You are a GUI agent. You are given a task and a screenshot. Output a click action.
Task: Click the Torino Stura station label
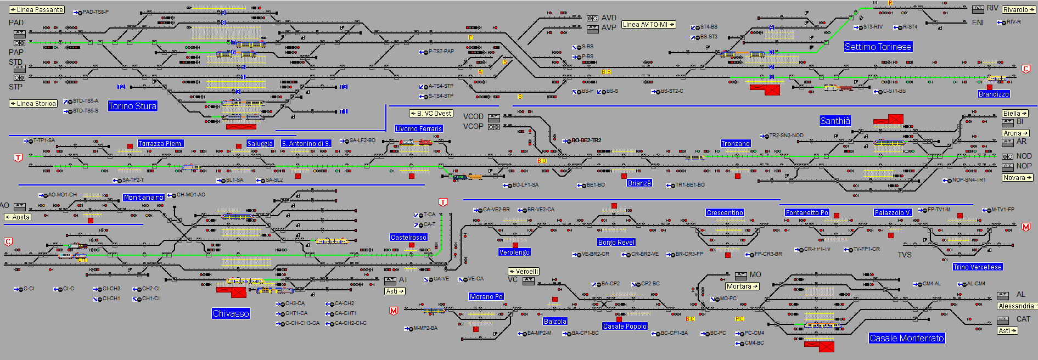click(132, 106)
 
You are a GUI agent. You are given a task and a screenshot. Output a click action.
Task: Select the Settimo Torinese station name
click(878, 47)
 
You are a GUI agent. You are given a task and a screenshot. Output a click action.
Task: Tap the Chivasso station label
click(231, 313)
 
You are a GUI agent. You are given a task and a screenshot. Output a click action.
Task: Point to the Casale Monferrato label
click(906, 338)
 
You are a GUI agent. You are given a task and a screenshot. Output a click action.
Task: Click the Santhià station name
click(835, 121)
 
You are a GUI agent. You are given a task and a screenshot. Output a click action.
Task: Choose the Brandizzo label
click(993, 94)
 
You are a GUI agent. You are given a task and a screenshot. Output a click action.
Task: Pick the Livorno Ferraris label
click(418, 128)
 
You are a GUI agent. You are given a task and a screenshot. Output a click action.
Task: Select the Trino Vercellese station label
click(977, 267)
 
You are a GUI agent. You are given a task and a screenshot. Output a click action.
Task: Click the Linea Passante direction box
click(37, 10)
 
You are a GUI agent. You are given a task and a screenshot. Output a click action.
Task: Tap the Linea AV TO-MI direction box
click(648, 25)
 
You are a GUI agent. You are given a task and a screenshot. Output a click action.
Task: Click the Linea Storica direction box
click(33, 104)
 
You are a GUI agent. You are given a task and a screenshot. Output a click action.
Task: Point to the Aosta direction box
click(18, 217)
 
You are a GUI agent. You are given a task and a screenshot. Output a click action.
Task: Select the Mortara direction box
click(742, 286)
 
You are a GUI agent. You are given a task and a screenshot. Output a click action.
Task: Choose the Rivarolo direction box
click(1018, 10)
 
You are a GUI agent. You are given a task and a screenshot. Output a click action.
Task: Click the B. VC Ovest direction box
click(431, 114)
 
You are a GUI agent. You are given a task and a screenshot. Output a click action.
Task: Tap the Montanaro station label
click(143, 198)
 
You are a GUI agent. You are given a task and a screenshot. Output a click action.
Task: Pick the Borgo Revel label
click(616, 243)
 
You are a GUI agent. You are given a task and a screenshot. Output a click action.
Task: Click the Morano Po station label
click(486, 297)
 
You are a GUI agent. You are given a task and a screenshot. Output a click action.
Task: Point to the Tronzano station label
click(735, 144)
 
